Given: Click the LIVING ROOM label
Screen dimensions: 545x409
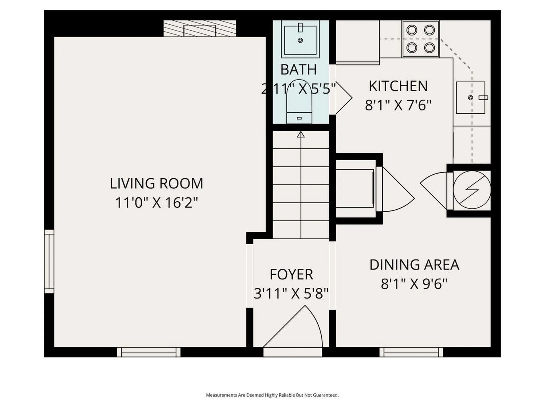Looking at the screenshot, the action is pyautogui.click(x=156, y=183).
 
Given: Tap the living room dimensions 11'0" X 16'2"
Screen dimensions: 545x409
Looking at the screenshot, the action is pyautogui.click(x=156, y=203).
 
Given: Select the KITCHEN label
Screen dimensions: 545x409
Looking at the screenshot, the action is pyautogui.click(x=398, y=86).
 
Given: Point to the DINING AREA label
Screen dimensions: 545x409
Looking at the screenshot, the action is pyautogui.click(x=414, y=265).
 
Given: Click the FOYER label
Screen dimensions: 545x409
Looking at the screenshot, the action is pyautogui.click(x=291, y=274).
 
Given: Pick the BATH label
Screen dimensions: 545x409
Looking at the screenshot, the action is pyautogui.click(x=298, y=70).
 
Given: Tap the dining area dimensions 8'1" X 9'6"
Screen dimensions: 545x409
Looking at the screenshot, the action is pyautogui.click(x=414, y=283).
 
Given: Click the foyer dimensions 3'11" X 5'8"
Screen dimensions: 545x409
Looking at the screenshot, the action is pyautogui.click(x=291, y=293).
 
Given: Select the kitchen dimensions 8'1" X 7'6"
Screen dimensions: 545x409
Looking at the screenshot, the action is pyautogui.click(x=398, y=105).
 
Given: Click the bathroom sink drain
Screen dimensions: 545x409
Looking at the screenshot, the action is pyautogui.click(x=300, y=40).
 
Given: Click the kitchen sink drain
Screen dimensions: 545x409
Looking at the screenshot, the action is pyautogui.click(x=471, y=98).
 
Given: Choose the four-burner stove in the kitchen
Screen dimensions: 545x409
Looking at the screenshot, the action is pyautogui.click(x=420, y=39).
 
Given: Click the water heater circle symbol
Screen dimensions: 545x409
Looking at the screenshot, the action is pyautogui.click(x=472, y=190).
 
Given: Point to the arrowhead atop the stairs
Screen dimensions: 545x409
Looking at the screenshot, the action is pyautogui.click(x=301, y=135).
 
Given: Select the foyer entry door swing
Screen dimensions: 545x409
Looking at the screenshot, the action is pyautogui.click(x=293, y=326).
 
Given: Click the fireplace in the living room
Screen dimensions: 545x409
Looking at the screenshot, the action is pyautogui.click(x=200, y=28).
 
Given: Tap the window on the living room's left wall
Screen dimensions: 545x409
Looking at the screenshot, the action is pyautogui.click(x=49, y=261).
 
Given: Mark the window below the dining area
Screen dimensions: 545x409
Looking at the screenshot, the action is pyautogui.click(x=411, y=352).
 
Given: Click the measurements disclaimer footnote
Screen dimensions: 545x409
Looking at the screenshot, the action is pyautogui.click(x=272, y=395).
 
